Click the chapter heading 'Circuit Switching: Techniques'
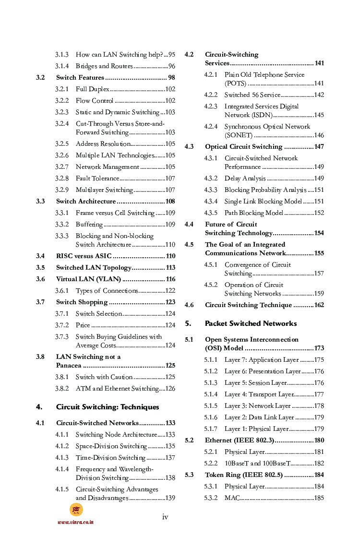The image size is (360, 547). [x=108, y=407]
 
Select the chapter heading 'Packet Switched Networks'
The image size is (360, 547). [x=251, y=323]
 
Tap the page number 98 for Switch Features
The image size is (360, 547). [x=171, y=78]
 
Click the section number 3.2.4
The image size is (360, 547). [x=61, y=124]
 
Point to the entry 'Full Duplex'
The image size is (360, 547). [x=93, y=89]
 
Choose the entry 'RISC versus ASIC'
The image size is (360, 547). [x=84, y=256]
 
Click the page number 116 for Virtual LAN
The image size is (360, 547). [x=170, y=279]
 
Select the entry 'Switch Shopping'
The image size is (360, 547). [x=82, y=302]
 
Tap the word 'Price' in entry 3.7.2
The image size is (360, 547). [x=83, y=325]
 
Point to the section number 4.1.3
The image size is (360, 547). [x=61, y=458]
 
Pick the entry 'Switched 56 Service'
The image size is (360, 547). [x=252, y=95]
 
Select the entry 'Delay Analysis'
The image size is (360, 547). [x=245, y=178]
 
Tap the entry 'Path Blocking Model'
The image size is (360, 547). [x=253, y=213]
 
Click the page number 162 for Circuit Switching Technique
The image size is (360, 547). [x=319, y=305]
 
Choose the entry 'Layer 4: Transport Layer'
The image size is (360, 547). [x=259, y=394]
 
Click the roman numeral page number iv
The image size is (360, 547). [x=165, y=517]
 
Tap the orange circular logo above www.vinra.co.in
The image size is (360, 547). [x=76, y=510]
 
